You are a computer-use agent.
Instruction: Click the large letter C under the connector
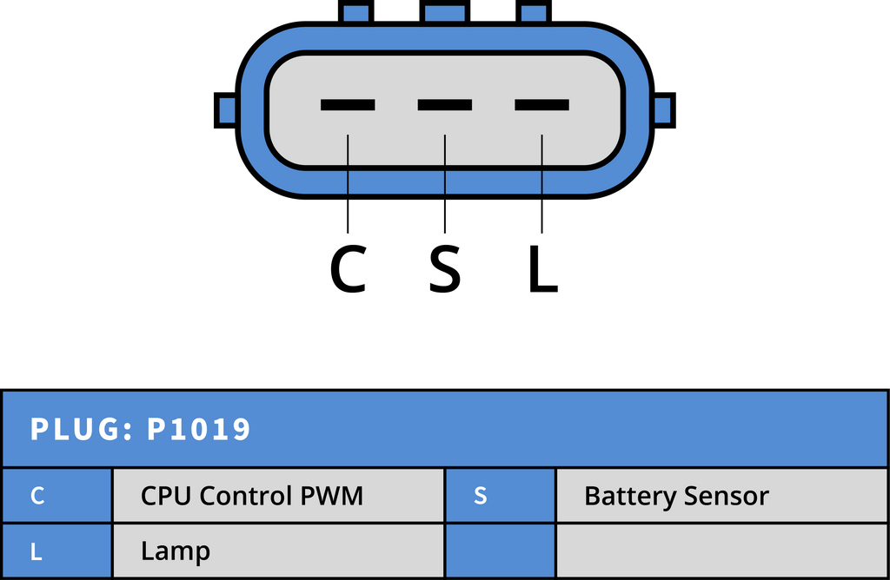pyautogui.click(x=348, y=269)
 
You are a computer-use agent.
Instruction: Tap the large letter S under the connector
pyautogui.click(x=444, y=269)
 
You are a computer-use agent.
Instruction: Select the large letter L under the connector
pyautogui.click(x=543, y=269)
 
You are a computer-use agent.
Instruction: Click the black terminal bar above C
pyautogui.click(x=348, y=105)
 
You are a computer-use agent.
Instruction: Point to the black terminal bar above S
pyautogui.click(x=445, y=105)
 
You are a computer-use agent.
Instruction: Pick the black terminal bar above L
pyautogui.click(x=542, y=105)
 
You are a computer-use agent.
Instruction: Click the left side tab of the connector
pyautogui.click(x=225, y=110)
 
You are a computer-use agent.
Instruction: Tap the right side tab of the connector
pyautogui.click(x=664, y=110)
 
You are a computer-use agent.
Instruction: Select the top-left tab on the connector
pyautogui.click(x=355, y=12)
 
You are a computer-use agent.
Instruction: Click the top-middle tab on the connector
pyautogui.click(x=445, y=12)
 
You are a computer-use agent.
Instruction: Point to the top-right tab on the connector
pyautogui.click(x=534, y=12)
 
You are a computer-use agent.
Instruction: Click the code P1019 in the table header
pyautogui.click(x=199, y=429)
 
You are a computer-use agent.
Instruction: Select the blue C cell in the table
pyautogui.click(x=56, y=496)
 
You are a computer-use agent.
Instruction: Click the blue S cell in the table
pyautogui.click(x=501, y=496)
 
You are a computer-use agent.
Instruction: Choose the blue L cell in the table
pyautogui.click(x=56, y=551)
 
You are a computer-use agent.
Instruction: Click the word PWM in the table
pyautogui.click(x=331, y=496)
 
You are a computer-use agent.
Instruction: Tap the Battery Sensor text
pyautogui.click(x=676, y=497)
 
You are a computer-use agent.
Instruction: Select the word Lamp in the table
pyautogui.click(x=176, y=551)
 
